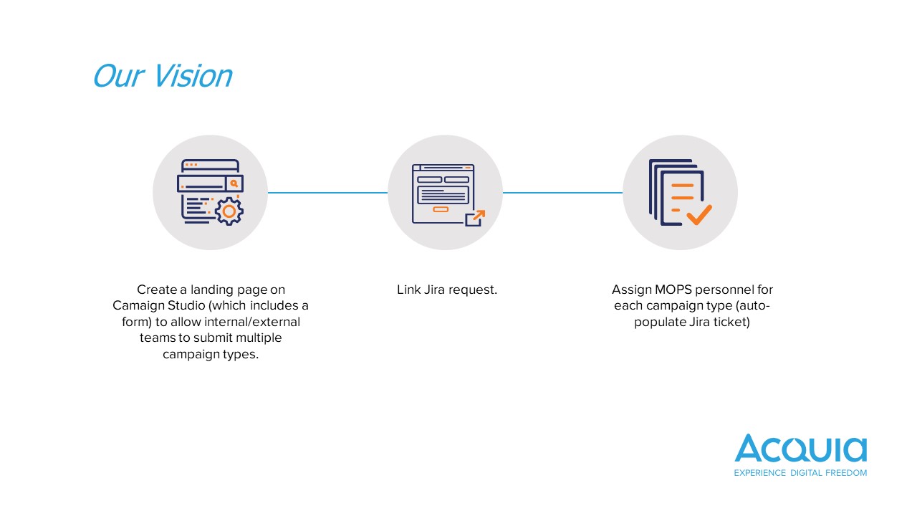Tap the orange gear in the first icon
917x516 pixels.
tap(229, 211)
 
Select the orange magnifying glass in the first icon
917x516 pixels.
tap(234, 183)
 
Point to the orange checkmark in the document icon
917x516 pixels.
tap(698, 214)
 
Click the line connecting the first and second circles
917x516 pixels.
tap(327, 192)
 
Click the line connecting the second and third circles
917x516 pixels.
tap(562, 192)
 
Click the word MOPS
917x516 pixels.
tap(672, 290)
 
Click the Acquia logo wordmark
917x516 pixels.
tap(800, 449)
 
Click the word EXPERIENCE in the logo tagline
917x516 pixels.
tap(760, 473)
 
